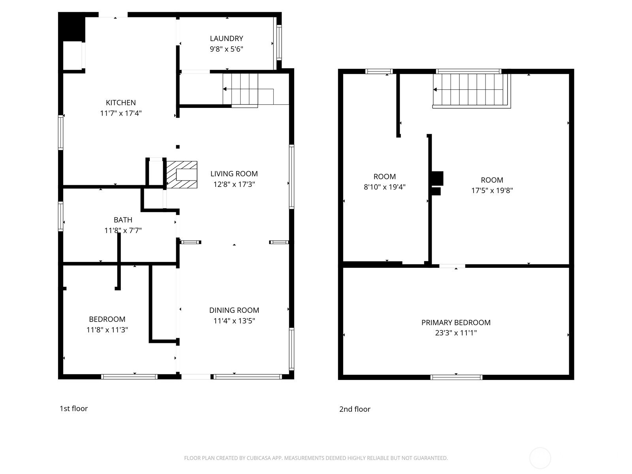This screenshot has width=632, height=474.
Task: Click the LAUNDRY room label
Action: pyautogui.click(x=226, y=39)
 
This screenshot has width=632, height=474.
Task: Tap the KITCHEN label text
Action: pyautogui.click(x=120, y=103)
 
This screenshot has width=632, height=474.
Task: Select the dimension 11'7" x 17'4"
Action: pyautogui.click(x=120, y=113)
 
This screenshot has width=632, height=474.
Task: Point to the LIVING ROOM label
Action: pyautogui.click(x=234, y=174)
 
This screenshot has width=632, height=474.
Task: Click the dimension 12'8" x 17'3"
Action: pyautogui.click(x=234, y=184)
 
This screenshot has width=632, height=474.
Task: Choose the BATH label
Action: pyautogui.click(x=123, y=220)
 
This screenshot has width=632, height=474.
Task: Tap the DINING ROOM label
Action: pyautogui.click(x=234, y=310)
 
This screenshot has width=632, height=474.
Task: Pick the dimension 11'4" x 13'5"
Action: pyautogui.click(x=234, y=321)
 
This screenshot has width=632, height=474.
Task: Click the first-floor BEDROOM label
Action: pyautogui.click(x=107, y=319)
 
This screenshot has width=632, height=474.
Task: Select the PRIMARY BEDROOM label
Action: pyautogui.click(x=456, y=323)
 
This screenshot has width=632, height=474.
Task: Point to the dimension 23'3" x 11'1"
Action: pyautogui.click(x=456, y=333)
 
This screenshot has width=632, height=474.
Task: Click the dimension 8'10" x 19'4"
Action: pyautogui.click(x=384, y=187)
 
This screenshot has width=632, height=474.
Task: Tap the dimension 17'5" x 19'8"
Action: pyautogui.click(x=492, y=190)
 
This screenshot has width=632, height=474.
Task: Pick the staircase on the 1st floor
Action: pyautogui.click(x=248, y=89)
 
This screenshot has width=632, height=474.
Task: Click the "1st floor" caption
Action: pyautogui.click(x=74, y=409)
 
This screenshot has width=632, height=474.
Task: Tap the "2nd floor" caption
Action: pyautogui.click(x=355, y=409)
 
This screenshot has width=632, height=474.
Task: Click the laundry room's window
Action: pyautogui.click(x=279, y=43)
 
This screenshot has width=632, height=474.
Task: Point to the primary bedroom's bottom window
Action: pyautogui.click(x=456, y=377)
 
